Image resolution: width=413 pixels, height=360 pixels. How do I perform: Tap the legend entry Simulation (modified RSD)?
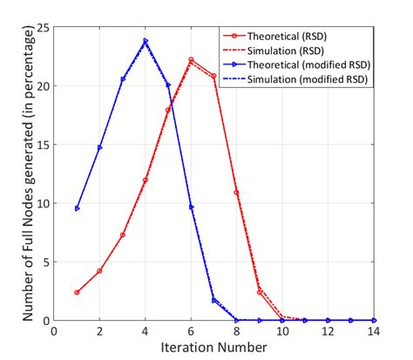tap(306, 80)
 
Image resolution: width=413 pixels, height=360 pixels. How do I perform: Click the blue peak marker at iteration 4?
tap(146, 41)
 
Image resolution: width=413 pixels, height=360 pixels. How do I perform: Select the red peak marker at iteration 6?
tap(191, 60)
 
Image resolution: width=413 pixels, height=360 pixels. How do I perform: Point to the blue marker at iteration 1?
tap(78, 208)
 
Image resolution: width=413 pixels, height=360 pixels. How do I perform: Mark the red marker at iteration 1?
tap(78, 293)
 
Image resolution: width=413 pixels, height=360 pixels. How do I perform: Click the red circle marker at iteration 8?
tap(236, 193)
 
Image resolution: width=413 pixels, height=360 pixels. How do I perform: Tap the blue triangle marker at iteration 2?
tap(100, 147)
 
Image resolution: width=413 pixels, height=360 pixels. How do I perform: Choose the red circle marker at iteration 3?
tap(123, 235)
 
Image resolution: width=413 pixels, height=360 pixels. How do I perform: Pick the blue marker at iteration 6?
tap(191, 207)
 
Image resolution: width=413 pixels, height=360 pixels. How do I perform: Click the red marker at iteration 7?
tap(213, 76)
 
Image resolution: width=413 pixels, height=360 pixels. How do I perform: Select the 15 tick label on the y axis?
tap(44, 145)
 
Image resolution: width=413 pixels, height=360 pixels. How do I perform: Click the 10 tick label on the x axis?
tap(281, 332)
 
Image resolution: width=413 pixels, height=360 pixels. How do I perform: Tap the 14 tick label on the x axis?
tap(372, 332)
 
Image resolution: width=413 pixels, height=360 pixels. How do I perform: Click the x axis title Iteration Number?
tap(213, 348)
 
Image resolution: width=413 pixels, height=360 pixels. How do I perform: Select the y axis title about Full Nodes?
tap(17, 174)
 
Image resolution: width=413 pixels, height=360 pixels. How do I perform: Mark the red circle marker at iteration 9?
tap(259, 292)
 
